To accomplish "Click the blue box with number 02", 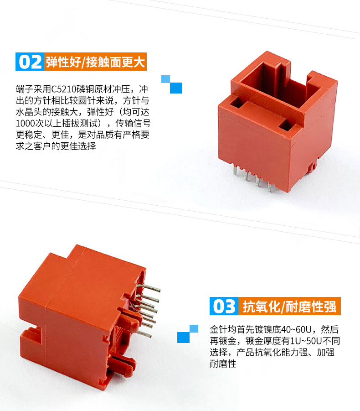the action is (30, 62).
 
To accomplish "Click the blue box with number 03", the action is (224, 306).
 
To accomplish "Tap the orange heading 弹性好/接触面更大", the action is (95, 62).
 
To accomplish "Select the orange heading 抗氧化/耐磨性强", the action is (289, 306).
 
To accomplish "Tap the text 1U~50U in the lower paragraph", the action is (306, 341).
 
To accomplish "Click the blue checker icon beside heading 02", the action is (172, 84).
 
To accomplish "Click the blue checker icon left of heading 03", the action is (188, 334).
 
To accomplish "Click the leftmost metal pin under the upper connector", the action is (235, 170).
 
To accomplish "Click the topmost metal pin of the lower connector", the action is (149, 287).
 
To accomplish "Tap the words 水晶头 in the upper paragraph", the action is (29, 112).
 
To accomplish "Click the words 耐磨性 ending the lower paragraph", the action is (223, 364).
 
